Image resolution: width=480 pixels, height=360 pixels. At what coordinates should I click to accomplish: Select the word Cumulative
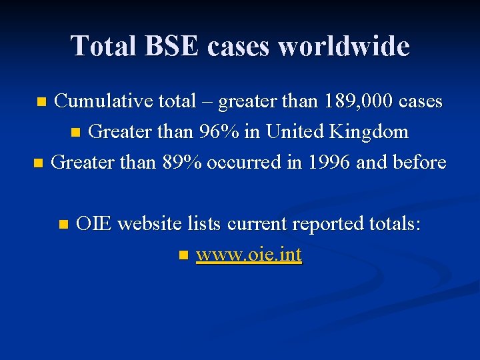tap(103, 101)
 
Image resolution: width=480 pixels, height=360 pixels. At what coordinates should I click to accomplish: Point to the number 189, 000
tap(358, 101)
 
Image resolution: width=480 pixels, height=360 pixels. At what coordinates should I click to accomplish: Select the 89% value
tap(183, 163)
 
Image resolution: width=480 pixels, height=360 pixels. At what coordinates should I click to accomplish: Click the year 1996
tap(328, 163)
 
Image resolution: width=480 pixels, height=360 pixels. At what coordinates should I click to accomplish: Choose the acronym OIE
tap(93, 224)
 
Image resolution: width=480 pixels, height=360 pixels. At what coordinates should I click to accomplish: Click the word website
tap(147, 224)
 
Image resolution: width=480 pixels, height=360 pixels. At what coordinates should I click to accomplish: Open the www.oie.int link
tap(249, 255)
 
